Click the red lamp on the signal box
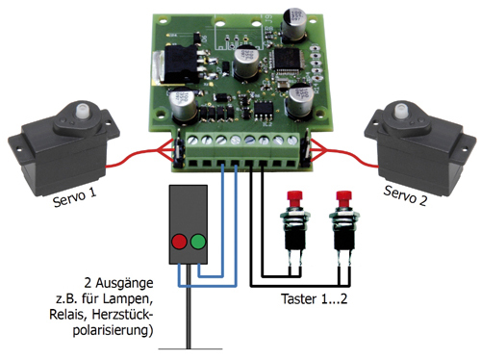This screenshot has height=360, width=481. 179,242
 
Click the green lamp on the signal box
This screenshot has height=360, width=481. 198,242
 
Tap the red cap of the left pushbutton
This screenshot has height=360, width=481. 294,199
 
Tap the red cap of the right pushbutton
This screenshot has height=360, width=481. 343,199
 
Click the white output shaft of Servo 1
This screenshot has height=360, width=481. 83,111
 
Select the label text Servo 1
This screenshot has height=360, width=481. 74,197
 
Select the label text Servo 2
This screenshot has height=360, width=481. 405,195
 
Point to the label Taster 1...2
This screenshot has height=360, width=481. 315,298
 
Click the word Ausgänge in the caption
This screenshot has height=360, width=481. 124,284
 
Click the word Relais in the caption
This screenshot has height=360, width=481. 67,315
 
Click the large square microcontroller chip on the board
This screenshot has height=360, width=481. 286,59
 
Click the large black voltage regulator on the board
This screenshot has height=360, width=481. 179,64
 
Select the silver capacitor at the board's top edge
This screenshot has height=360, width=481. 294,25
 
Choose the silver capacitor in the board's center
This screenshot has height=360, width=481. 246,63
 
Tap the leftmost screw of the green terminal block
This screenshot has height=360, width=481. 193,141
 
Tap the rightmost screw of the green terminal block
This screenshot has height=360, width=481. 292,141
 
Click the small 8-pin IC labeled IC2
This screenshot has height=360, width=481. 264,110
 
